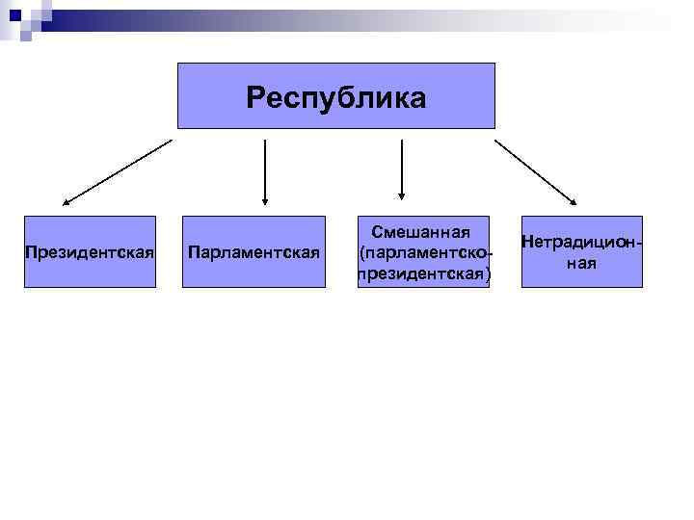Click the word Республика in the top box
335,97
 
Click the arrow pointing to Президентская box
116,173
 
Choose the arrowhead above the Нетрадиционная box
572,201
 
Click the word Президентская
90,253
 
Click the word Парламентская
254,253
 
